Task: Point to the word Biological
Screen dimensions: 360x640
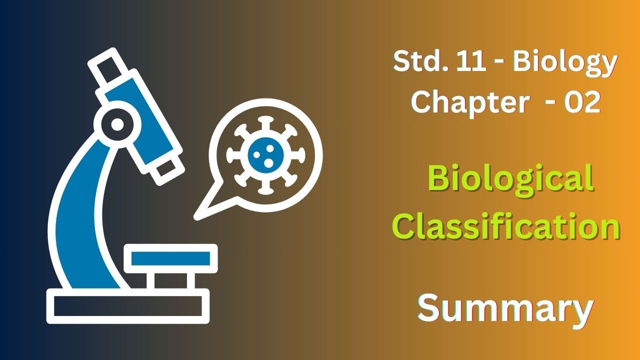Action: [x=510, y=180]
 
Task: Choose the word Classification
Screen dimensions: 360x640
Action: [x=509, y=226]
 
